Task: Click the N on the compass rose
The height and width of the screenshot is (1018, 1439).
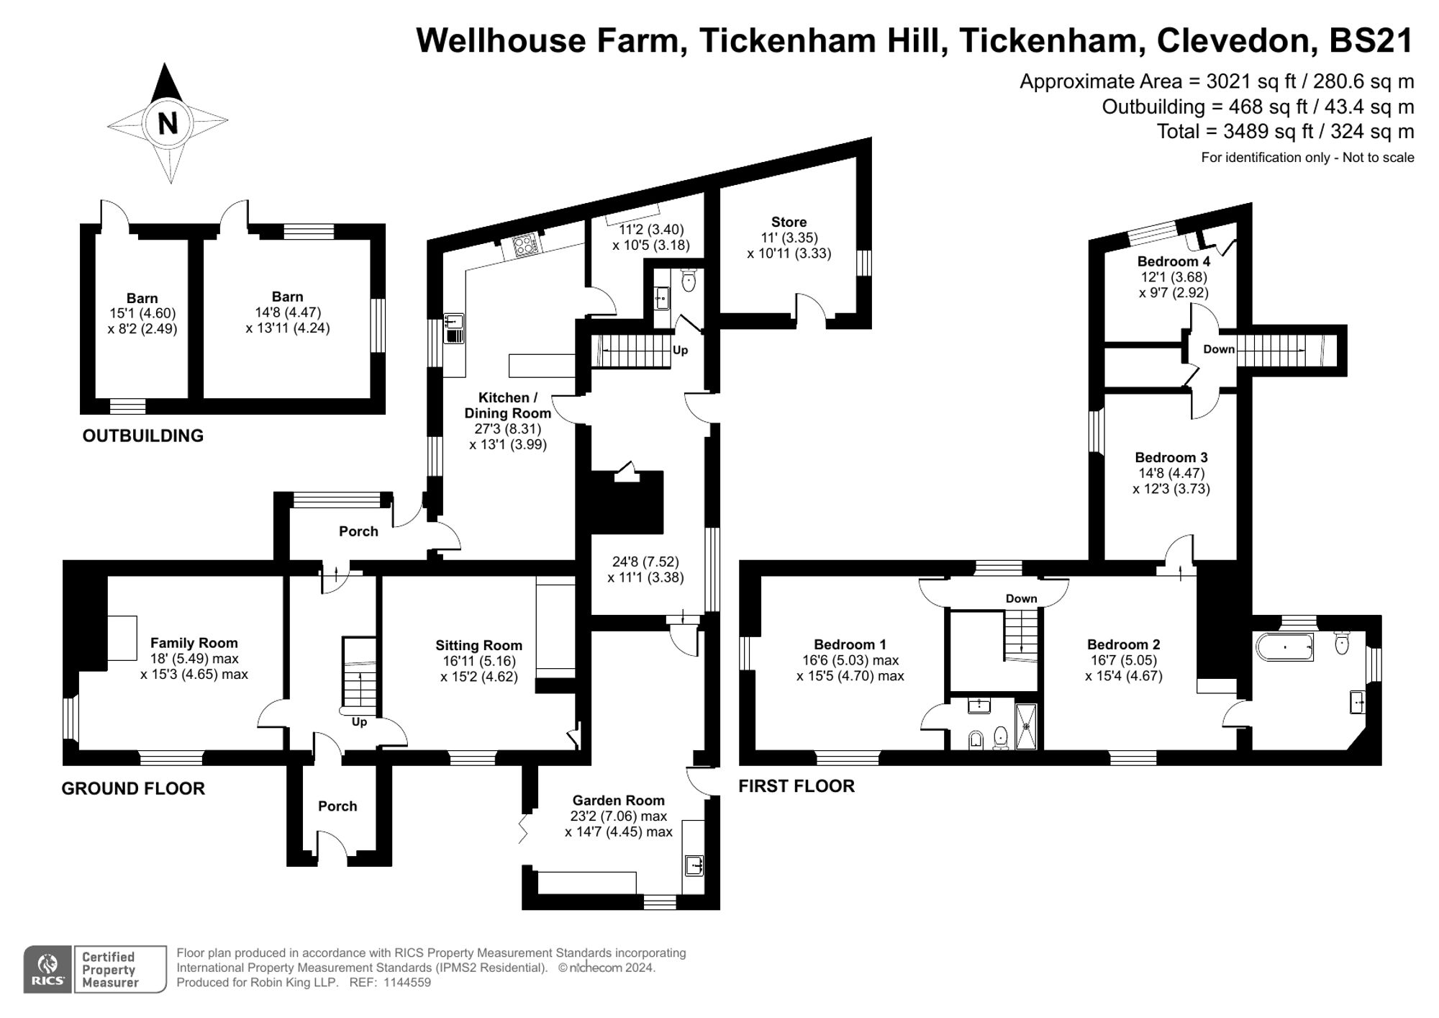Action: click(168, 122)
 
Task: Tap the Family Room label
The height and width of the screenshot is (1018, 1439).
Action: click(194, 643)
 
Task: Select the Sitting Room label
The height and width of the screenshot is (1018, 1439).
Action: click(478, 645)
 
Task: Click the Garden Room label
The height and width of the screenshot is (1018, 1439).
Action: click(618, 800)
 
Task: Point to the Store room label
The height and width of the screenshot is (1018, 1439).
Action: click(789, 222)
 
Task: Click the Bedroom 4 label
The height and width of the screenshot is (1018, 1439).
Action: click(1174, 261)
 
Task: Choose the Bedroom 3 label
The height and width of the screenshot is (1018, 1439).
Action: click(1171, 457)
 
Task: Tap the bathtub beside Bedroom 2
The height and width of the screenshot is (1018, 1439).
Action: click(1284, 647)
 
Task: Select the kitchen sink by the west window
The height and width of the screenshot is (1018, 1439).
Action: click(453, 328)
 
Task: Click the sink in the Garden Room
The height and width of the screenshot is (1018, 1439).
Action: click(694, 865)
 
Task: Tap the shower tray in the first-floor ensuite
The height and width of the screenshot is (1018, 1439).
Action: click(1026, 726)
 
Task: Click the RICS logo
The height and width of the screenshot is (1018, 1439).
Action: click(47, 969)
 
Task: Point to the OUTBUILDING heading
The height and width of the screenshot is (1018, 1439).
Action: click(142, 436)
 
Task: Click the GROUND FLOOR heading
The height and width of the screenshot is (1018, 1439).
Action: click(133, 788)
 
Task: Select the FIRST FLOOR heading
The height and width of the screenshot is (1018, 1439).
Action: click(796, 786)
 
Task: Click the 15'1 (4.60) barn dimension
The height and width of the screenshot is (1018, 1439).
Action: click(142, 313)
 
